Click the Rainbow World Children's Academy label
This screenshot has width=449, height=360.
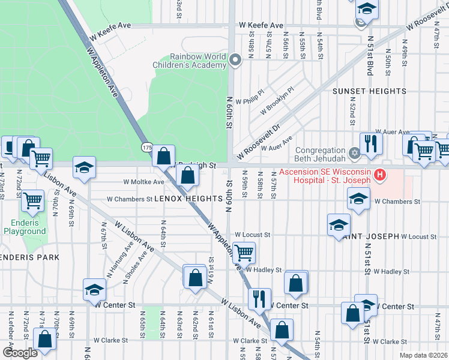pos(197,61)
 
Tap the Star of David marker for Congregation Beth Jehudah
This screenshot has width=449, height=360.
pos(355,153)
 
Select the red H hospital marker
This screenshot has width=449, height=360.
pos(379,175)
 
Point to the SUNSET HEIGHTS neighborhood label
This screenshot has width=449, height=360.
pos(369,91)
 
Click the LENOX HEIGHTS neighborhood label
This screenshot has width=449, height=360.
pos(184,198)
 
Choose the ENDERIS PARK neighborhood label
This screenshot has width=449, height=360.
pos(29,257)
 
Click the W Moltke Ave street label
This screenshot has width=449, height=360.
pos(143,182)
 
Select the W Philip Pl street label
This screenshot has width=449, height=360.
pos(250,101)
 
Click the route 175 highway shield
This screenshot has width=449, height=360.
pos(146,147)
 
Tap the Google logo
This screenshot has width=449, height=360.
pos(20,352)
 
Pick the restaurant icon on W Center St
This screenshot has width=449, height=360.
pos(259,298)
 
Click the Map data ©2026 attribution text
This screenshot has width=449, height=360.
pos(423,355)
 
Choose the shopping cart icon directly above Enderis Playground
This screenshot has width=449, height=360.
pos(32,200)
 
